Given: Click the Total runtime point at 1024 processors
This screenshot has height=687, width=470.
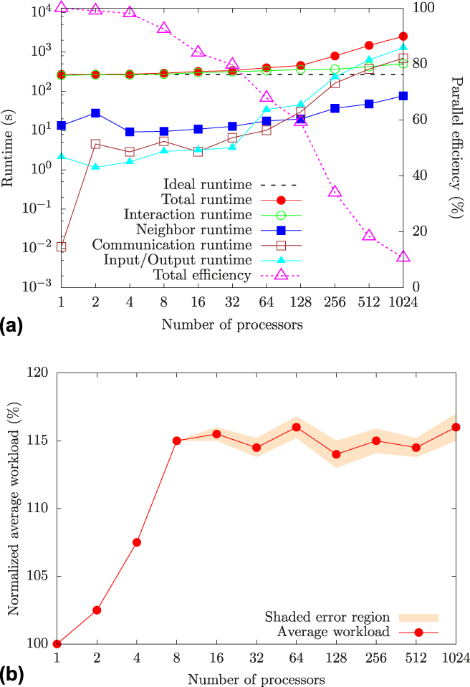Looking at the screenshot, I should coord(403,37).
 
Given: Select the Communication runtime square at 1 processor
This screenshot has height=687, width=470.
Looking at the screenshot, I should coord(62,246).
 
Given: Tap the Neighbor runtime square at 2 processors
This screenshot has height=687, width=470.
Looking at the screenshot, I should coord(95,113).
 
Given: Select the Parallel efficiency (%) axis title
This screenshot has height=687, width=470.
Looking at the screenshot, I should coord(459,143).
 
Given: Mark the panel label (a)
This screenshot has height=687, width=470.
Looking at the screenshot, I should coord(12,327).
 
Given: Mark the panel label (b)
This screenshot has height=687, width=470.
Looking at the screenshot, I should coord(13,674).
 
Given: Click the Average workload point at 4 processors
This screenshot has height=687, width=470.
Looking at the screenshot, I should coord(136,542).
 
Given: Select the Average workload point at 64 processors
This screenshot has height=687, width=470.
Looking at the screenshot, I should coord(296,427).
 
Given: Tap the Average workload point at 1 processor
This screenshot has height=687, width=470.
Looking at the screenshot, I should coord(57,644).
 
